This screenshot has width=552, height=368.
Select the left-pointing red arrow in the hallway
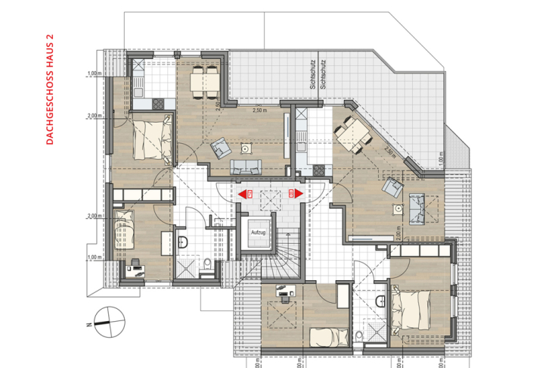tap(243, 194)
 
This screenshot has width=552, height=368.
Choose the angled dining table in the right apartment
tap(351, 135)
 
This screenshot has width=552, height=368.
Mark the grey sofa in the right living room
tap(417, 208)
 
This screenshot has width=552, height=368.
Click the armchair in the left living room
tap(221, 147)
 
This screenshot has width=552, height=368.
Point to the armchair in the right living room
tap(394, 186)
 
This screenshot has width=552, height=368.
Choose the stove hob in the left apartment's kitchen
tap(157, 101)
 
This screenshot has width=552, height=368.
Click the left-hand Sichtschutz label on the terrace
tap(312, 76)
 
